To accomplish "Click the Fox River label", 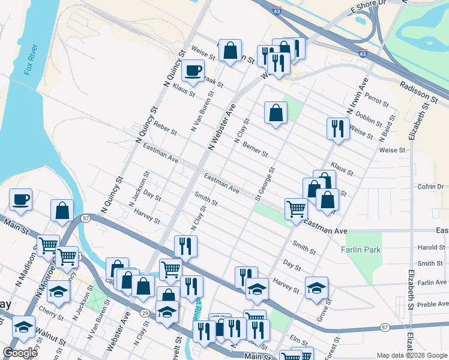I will [31, 60].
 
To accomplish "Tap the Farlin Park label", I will [361, 249].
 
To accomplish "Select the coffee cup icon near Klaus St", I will [193, 71].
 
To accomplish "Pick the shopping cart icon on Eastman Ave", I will [296, 209].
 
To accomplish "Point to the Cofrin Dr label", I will [429, 187].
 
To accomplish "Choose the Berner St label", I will [256, 151].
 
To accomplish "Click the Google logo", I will [20, 353].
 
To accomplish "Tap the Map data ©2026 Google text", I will [412, 355].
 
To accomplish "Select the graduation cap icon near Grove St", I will [316, 287].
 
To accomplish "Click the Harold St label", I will [432, 247].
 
